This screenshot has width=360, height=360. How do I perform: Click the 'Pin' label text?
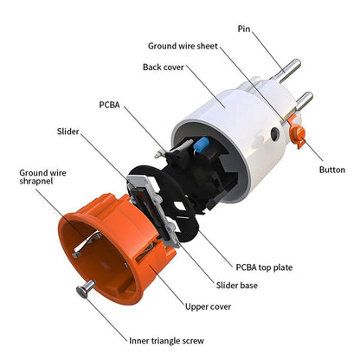[x=244, y=29]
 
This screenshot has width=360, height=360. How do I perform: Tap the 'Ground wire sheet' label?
[x=183, y=46]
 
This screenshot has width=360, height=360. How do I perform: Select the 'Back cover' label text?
[x=164, y=67]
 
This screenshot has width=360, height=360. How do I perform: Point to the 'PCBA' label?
[x=109, y=105]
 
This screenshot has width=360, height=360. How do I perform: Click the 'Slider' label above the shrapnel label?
[x=67, y=132]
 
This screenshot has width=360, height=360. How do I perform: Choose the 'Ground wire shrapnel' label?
[x=42, y=177]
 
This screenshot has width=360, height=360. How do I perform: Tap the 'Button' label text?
[x=332, y=170]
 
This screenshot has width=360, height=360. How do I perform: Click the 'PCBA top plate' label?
[x=264, y=267]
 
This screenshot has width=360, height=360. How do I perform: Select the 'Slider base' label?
[x=237, y=286]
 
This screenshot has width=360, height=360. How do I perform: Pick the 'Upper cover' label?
[x=208, y=306]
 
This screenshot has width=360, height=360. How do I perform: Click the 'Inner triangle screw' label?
[x=166, y=341]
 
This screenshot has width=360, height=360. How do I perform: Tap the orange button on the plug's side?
[x=298, y=133]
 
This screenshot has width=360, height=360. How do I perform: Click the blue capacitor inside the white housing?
[x=201, y=144]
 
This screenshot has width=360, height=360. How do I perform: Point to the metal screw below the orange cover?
[x=86, y=289]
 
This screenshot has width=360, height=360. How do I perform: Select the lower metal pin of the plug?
[x=303, y=101]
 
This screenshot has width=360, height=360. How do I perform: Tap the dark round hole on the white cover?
[x=275, y=133]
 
